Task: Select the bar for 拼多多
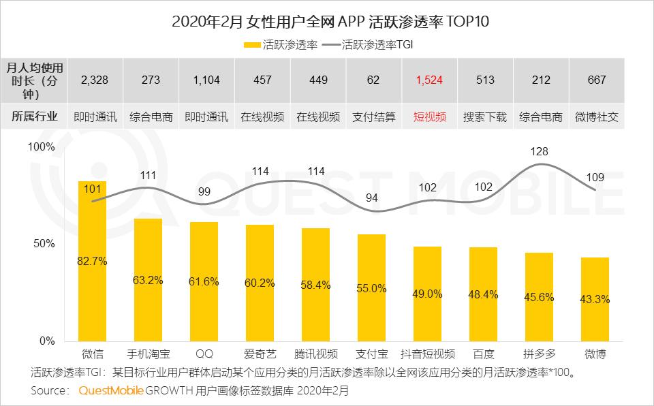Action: pyautogui.click(x=539, y=300)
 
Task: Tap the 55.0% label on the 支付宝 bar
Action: pyautogui.click(x=371, y=289)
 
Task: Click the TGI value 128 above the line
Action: pyautogui.click(x=539, y=151)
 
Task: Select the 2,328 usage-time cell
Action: pyautogui.click(x=95, y=80)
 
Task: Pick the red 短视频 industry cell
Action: pyautogui.click(x=429, y=116)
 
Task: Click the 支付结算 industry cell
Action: pyautogui.click(x=373, y=116)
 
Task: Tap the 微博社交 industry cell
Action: pyautogui.click(x=596, y=116)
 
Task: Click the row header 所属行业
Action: pyautogui.click(x=34, y=116)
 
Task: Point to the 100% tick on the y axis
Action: pyautogui.click(x=42, y=147)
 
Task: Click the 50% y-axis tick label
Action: pyautogui.click(x=45, y=244)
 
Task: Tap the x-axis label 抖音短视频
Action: pyautogui.click(x=427, y=354)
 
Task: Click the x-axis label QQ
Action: pyautogui.click(x=204, y=354)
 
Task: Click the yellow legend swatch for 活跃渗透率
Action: pyautogui.click(x=250, y=46)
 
